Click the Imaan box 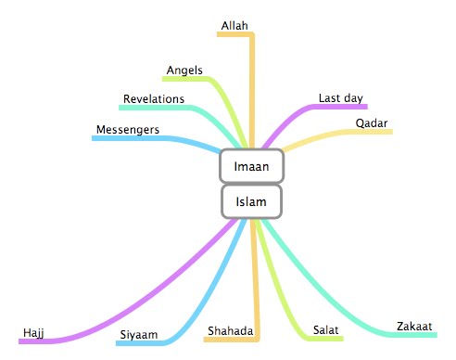pyautogui.click(x=251, y=166)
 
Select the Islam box pyautogui.click(x=251, y=200)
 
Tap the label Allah pyautogui.click(x=235, y=24)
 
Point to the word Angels pyautogui.click(x=184, y=71)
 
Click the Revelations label pyautogui.click(x=153, y=98)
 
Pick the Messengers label pyautogui.click(x=128, y=128)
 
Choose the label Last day pyautogui.click(x=340, y=97)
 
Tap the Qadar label pyautogui.click(x=371, y=122)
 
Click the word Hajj pyautogui.click(x=34, y=332)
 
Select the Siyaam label pyautogui.click(x=138, y=334)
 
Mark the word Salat pyautogui.click(x=324, y=330)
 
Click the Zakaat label pyautogui.click(x=413, y=327)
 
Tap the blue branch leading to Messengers pyautogui.click(x=167, y=138)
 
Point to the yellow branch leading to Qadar pyautogui.click(x=324, y=135)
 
